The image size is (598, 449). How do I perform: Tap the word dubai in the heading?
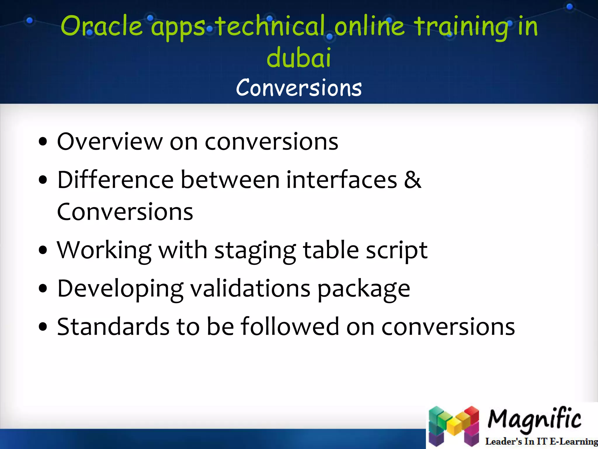[299, 58]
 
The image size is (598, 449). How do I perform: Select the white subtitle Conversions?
[299, 88]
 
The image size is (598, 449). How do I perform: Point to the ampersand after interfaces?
[412, 180]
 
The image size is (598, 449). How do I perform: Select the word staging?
[255, 251]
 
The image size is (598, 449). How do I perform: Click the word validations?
[250, 289]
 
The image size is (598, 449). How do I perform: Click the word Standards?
[113, 327]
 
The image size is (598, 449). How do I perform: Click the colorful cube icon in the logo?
[453, 426]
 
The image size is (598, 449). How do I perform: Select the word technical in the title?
[271, 26]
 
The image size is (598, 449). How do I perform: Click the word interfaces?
[341, 180]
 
